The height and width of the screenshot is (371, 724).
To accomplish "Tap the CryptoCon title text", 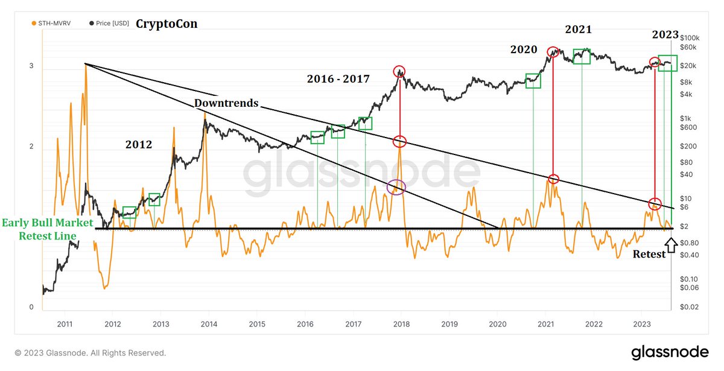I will (x=166, y=24).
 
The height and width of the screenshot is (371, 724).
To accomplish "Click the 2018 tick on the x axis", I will (x=401, y=324).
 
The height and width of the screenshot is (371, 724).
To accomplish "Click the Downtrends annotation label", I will (x=226, y=103).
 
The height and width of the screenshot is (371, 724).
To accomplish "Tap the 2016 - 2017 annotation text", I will (x=337, y=78).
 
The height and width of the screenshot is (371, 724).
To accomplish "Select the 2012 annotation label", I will (x=139, y=145).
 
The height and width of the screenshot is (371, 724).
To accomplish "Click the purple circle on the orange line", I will (x=396, y=187).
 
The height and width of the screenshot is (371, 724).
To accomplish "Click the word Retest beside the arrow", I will (x=649, y=254).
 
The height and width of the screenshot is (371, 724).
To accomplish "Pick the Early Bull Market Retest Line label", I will (x=47, y=229).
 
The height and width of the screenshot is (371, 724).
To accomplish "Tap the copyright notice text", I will (x=91, y=353).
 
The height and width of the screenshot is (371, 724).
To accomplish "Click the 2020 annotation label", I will (x=523, y=49).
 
